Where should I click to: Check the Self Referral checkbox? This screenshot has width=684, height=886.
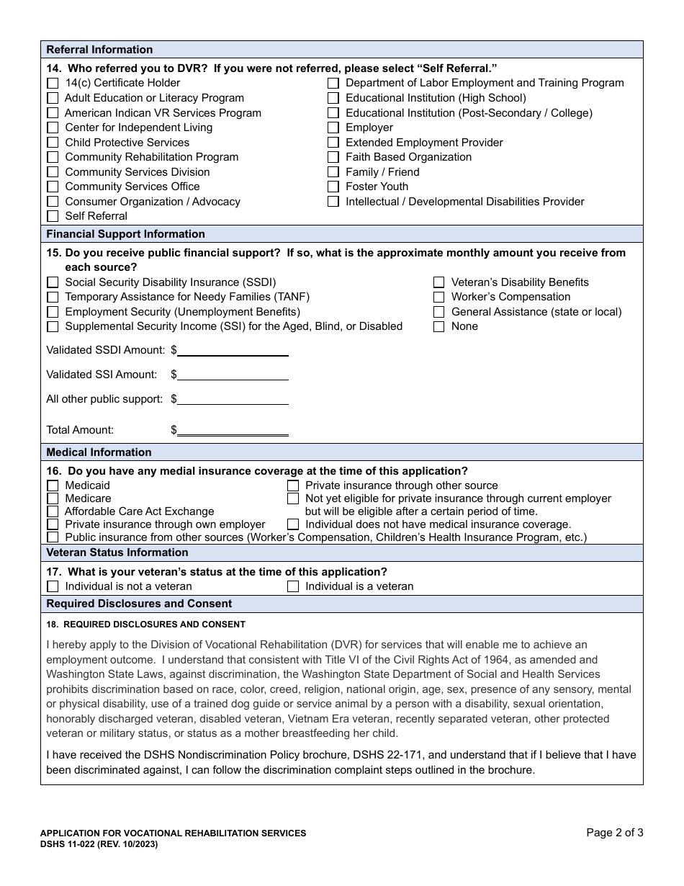click(53, 216)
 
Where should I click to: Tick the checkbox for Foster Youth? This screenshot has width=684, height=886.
click(333, 187)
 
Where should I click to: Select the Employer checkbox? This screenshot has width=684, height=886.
click(333, 127)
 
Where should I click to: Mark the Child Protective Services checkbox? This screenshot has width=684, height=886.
click(53, 143)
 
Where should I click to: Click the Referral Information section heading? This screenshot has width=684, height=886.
click(99, 50)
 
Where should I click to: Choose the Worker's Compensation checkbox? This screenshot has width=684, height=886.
click(438, 297)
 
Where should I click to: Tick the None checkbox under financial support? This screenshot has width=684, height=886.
click(438, 326)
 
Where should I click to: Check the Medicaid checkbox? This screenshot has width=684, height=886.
click(53, 485)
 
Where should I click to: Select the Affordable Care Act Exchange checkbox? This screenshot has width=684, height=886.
click(53, 511)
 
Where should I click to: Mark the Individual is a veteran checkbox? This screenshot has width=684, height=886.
click(293, 586)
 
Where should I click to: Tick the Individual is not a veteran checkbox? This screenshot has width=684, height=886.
click(53, 586)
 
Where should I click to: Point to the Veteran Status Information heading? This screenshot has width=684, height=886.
click(117, 552)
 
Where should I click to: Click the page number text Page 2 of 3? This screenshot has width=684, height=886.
click(614, 833)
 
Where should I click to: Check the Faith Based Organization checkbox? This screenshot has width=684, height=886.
click(333, 157)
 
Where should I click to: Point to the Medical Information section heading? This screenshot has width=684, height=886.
click(99, 452)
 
